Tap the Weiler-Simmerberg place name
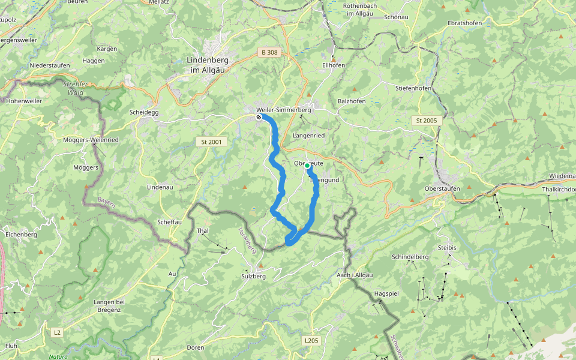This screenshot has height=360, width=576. click(283, 110)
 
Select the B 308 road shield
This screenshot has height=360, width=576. click(269, 53)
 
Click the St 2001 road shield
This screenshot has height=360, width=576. click(212, 142)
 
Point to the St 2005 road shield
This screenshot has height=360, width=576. click(427, 121)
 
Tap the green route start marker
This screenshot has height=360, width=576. click(307, 166)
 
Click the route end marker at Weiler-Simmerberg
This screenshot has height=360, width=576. click(259, 118)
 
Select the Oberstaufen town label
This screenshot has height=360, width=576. click(442, 188)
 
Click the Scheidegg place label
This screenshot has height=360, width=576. click(143, 112)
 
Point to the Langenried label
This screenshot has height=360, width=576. click(308, 136)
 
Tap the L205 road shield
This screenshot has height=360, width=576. click(310, 341)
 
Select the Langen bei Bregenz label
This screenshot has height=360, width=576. click(109, 305)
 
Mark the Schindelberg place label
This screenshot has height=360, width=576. click(410, 257)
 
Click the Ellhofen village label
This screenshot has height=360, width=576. click(334, 65)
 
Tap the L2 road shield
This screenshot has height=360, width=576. click(57, 332)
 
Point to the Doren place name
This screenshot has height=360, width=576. click(196, 347)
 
